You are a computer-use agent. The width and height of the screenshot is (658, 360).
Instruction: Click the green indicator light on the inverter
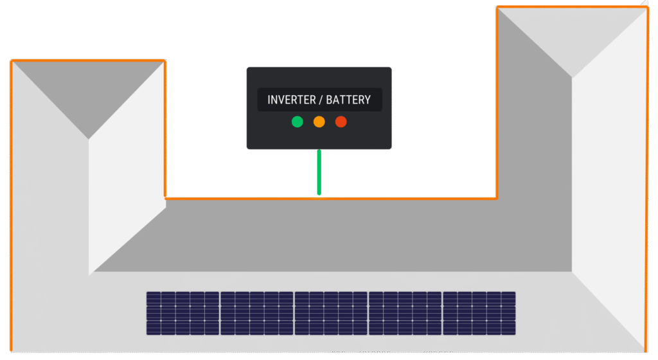pyautogui.click(x=297, y=122)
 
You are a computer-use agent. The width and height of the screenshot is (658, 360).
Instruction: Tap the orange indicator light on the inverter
pyautogui.click(x=319, y=122)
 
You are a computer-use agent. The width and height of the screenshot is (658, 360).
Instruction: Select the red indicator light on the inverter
pyautogui.click(x=341, y=122)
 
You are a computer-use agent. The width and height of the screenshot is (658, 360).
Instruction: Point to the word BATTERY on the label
pyautogui.click(x=348, y=100)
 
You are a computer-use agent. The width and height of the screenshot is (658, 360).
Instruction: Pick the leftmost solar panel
pyautogui.click(x=182, y=313)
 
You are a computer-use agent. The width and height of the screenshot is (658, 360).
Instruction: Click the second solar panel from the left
pyautogui.click(x=257, y=313)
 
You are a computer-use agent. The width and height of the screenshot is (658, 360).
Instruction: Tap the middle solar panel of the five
pyautogui.click(x=331, y=313)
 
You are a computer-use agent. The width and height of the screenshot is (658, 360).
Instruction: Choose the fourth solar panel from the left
pyautogui.click(x=405, y=313)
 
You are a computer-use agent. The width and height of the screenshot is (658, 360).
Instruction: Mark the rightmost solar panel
pyautogui.click(x=479, y=313)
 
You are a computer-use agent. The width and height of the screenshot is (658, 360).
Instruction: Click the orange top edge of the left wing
pyautogui.click(x=88, y=60)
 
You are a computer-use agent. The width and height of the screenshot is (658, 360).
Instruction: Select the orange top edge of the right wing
pyautogui.click(x=572, y=7)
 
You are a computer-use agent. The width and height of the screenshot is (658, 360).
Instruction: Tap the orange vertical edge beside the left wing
pyautogui.click(x=165, y=129)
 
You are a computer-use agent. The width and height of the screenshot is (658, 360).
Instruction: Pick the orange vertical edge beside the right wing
pyautogui.click(x=497, y=103)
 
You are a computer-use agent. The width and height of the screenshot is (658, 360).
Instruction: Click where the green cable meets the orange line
pyautogui.click(x=319, y=197)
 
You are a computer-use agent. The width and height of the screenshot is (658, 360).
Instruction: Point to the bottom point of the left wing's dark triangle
pyautogui.click(x=89, y=138)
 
